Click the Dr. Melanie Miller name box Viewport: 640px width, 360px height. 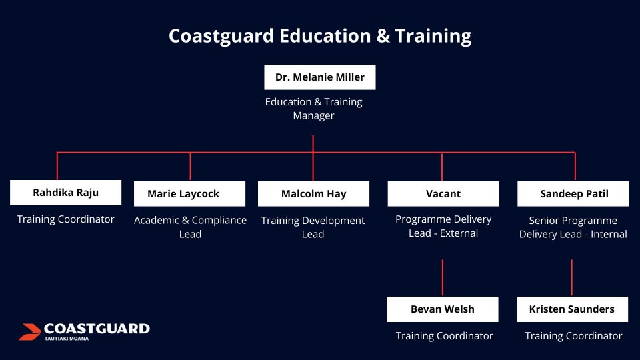[x=319, y=77]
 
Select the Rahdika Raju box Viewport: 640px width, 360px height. [x=66, y=192]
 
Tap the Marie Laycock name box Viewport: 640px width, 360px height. [x=190, y=194]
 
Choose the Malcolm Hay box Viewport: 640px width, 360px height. [x=313, y=194]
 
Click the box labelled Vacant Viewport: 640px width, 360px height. [x=443, y=194]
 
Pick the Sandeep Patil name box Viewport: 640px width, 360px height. [x=573, y=194]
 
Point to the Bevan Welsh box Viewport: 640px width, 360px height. [x=443, y=309]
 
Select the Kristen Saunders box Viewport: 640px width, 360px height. [x=572, y=309]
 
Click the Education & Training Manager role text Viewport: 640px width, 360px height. [x=313, y=109]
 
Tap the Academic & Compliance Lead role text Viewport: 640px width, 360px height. [x=190, y=227]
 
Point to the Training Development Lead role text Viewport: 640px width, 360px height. [x=313, y=227]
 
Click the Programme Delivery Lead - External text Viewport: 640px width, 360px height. [x=443, y=226]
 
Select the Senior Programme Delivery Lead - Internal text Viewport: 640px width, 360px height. [x=573, y=227]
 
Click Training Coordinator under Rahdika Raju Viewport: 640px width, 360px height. [x=66, y=219]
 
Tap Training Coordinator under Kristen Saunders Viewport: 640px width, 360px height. [x=573, y=336]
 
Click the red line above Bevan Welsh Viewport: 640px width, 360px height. [x=443, y=277]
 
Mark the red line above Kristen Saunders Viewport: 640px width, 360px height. [x=572, y=277]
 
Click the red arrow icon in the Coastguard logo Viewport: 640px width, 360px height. [x=29, y=331]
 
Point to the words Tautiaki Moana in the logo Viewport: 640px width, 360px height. [x=67, y=339]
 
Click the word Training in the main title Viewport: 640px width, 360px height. [x=433, y=36]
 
